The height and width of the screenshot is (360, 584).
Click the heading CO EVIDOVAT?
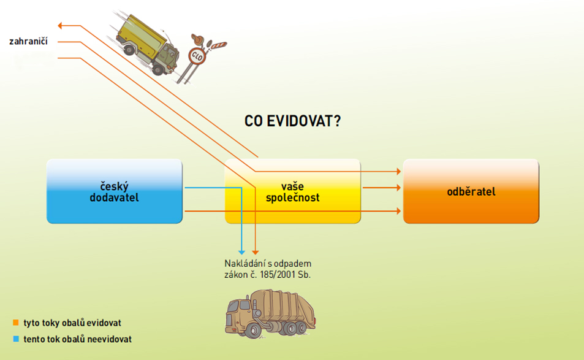click(x=292, y=121)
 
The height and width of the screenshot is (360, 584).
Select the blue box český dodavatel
click(x=114, y=191)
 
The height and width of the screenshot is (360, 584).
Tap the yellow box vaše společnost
click(x=292, y=191)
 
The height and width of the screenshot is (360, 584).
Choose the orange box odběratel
click(x=471, y=191)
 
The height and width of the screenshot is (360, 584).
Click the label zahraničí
click(x=29, y=42)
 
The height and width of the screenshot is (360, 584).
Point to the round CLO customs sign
click(x=197, y=56)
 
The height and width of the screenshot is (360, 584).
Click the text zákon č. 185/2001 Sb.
click(x=268, y=275)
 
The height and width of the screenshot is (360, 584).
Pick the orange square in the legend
click(x=15, y=322)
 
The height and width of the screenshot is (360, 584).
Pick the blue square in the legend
click(x=15, y=339)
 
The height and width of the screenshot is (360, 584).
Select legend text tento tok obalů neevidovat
click(x=78, y=339)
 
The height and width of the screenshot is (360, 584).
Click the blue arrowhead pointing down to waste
click(x=242, y=251)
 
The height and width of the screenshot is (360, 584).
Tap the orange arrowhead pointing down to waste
click(x=256, y=251)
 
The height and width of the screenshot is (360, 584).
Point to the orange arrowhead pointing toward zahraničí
click(x=61, y=25)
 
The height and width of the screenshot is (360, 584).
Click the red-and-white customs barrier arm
click(x=217, y=44)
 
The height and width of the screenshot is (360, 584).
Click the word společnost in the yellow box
click(x=292, y=197)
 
